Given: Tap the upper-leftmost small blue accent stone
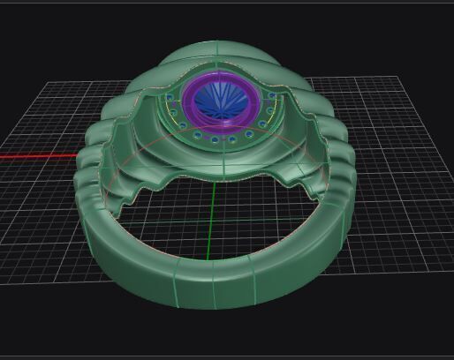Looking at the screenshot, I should (170, 96).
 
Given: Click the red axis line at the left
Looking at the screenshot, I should (35, 157).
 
